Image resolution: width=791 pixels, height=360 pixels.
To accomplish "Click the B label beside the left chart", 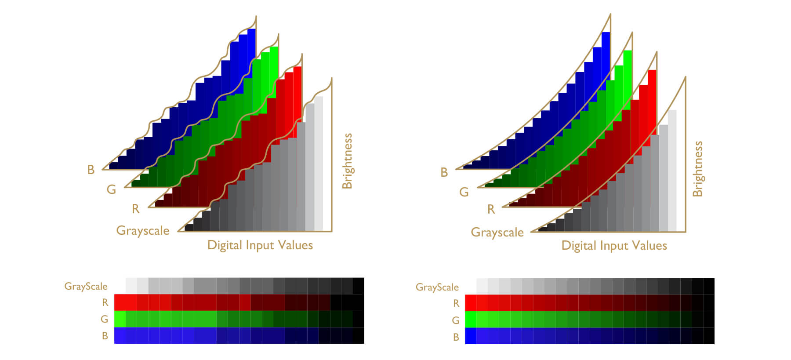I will tap(91, 170).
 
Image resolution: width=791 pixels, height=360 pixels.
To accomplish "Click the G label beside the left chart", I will tap(112, 189).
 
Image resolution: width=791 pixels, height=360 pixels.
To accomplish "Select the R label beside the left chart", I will tap(135, 209).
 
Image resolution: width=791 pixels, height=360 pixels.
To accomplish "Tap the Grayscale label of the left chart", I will tap(143, 231).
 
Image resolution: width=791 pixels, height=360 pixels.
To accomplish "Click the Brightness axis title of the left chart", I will tap(347, 161).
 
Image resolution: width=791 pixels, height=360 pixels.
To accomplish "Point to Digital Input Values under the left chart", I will tap(260, 245).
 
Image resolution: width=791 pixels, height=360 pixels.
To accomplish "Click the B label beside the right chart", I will tap(444, 172).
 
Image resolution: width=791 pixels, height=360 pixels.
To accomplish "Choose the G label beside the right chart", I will tap(464, 192).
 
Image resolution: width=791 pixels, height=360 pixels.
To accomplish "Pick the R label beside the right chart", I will tap(491, 210).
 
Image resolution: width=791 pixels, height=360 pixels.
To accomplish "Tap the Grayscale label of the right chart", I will tap(497, 233).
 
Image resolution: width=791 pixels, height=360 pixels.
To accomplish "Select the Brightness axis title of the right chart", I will tap(697, 168).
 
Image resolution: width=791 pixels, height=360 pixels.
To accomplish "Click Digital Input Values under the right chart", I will tap(614, 246).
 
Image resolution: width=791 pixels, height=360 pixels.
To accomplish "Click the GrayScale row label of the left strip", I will tap(86, 287).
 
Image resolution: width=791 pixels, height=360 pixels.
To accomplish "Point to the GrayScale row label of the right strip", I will tap(437, 287).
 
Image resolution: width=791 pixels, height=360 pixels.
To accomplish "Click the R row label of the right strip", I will tap(456, 303).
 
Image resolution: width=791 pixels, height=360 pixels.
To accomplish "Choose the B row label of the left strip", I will tap(105, 336).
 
